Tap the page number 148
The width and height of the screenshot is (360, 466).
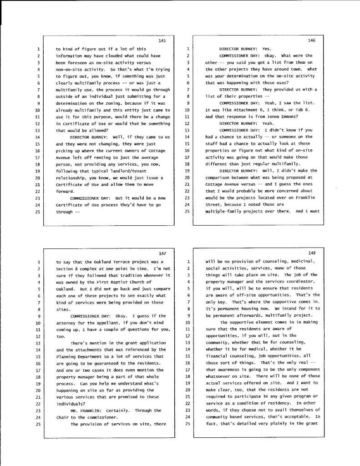point(312,253)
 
